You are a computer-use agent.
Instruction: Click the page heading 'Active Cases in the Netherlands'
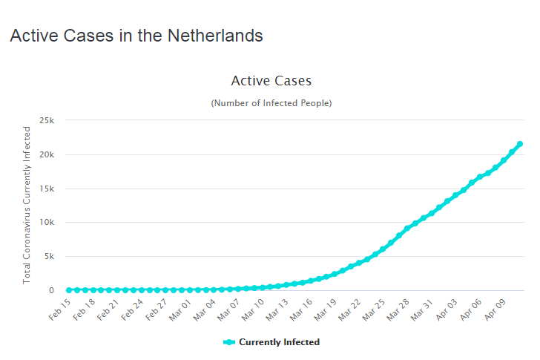point(136,36)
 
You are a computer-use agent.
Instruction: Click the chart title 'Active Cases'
point(271,80)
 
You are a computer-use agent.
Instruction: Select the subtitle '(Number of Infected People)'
point(271,103)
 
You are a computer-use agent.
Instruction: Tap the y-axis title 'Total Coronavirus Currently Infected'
point(27,205)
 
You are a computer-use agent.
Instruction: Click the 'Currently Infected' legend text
point(279,342)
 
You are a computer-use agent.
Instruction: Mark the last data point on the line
point(520,144)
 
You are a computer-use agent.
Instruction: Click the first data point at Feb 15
point(69,290)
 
